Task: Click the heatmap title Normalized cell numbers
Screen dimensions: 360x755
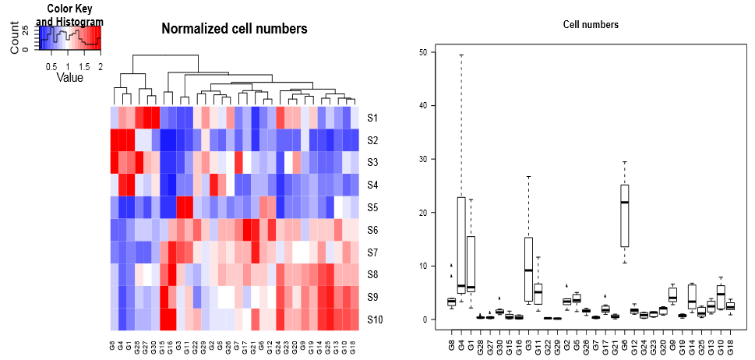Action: [x=234, y=30]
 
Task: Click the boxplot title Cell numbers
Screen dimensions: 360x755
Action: [x=591, y=25]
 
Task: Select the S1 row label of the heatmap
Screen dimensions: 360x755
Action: [x=372, y=118]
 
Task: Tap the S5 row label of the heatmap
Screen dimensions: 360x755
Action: [x=372, y=208]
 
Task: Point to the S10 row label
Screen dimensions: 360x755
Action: [x=375, y=319]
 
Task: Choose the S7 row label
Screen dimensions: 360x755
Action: [x=372, y=252]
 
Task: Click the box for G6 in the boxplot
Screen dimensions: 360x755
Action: [x=624, y=215]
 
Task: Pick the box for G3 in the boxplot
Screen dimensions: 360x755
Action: [x=528, y=269]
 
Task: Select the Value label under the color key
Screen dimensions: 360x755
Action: [x=69, y=78]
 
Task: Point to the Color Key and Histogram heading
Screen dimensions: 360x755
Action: [x=70, y=15]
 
